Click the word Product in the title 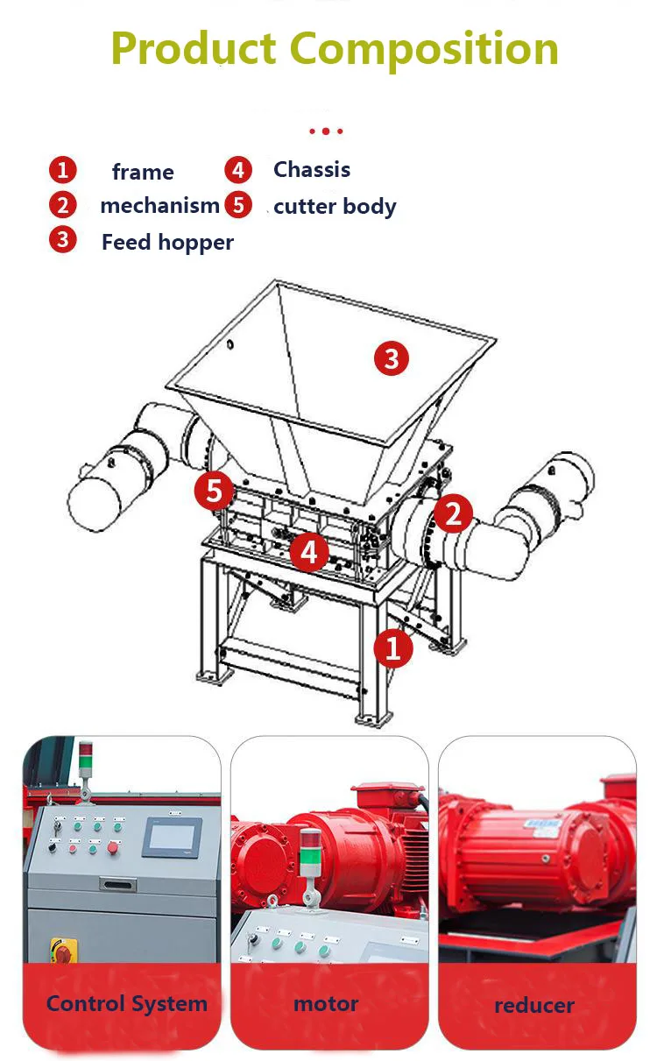click(x=194, y=49)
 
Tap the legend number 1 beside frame click(x=62, y=170)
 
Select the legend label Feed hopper click(x=167, y=242)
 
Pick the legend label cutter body click(x=335, y=207)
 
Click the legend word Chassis click(x=312, y=170)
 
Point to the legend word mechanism click(x=159, y=206)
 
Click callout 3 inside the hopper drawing click(x=392, y=358)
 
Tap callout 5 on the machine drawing click(x=215, y=492)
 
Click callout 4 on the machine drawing click(x=308, y=552)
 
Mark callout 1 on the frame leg click(x=393, y=648)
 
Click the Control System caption click(x=127, y=1004)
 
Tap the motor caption click(x=326, y=1004)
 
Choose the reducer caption click(x=534, y=1005)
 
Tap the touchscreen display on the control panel click(x=172, y=836)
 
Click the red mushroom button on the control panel click(x=113, y=847)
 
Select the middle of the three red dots click(x=326, y=131)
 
